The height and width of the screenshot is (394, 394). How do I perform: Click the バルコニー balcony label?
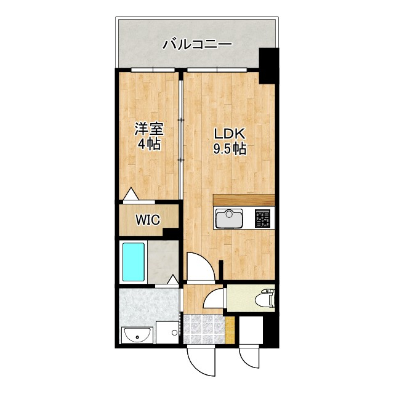tap(197, 44)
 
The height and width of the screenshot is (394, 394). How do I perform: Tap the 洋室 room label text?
tap(148, 130)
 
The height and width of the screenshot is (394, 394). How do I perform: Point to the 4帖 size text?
tap(148, 145)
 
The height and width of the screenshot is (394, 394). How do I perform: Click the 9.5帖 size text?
tap(230, 148)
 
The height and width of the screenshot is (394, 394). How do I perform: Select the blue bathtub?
tap(133, 261)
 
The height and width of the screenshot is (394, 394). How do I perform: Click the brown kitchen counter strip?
tap(244, 199)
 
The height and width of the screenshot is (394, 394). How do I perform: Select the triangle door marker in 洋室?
tap(131, 195)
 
